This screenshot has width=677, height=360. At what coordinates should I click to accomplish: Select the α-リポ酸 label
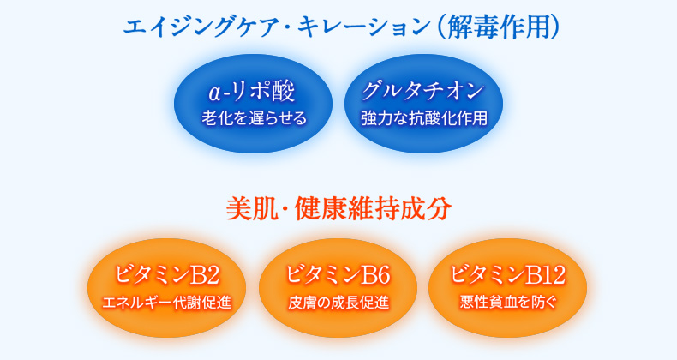pyautogui.click(x=251, y=92)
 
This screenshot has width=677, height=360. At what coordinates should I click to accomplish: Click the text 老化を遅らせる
pyautogui.click(x=254, y=117)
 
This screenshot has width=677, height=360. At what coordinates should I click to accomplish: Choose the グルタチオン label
pyautogui.click(x=423, y=91)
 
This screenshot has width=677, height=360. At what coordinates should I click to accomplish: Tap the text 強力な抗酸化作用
pyautogui.click(x=424, y=117)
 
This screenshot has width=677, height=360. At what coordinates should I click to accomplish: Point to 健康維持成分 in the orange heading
pyautogui.click(x=373, y=209)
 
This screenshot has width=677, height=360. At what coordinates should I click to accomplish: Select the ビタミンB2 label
pyautogui.click(x=166, y=275)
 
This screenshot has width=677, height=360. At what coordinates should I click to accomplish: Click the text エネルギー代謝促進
pyautogui.click(x=166, y=303)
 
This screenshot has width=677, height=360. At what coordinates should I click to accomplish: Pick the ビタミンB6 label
pyautogui.click(x=338, y=275)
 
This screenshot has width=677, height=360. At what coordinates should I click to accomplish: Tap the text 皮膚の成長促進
pyautogui.click(x=338, y=303)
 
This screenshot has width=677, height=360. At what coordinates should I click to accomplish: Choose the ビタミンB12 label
pyautogui.click(x=507, y=274)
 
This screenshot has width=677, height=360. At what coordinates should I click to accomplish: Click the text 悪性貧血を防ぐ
pyautogui.click(x=507, y=302)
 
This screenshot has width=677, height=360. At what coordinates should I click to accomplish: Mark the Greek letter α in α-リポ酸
pyautogui.click(x=215, y=93)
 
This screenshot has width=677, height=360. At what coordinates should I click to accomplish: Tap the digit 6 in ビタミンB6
pyautogui.click(x=383, y=276)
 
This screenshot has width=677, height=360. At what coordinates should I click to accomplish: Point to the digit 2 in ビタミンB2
pyautogui.click(x=213, y=276)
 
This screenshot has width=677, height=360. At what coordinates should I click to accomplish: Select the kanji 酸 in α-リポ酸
pyautogui.click(x=283, y=92)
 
